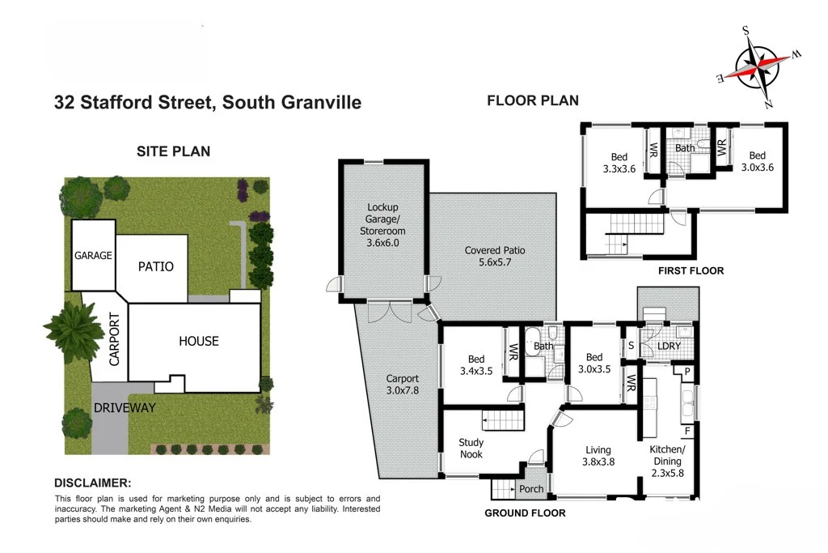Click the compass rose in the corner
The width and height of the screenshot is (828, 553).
coord(758,67)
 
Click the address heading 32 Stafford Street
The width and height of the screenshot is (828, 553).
coord(207,102)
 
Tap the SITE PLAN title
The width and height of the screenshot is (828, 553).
coord(173,151)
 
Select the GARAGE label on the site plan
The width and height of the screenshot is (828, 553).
coord(93,255)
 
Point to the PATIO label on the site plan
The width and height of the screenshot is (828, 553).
coord(155,266)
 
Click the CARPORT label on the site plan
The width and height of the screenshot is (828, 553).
coord(114,339)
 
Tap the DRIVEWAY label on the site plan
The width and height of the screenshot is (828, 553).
coord(124,407)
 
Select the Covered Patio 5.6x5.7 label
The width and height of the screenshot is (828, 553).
coord(495,256)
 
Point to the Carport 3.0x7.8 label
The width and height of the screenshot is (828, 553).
coord(402,384)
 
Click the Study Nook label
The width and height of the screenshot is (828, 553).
coord(471,448)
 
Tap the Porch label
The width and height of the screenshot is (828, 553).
coord(531,489)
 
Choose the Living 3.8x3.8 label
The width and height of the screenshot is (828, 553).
coord(598,456)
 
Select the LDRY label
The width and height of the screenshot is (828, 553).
coord(670,347)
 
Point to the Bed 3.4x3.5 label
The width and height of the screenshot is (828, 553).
coord(475,365)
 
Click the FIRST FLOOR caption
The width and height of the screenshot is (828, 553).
coord(691,270)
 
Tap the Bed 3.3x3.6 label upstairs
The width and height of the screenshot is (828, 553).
coord(619,163)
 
